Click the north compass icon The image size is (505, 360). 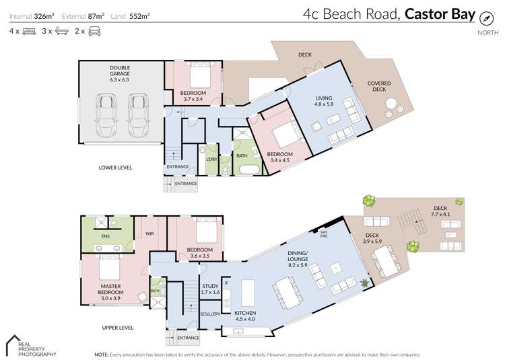tap(483, 17)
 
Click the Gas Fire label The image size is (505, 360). tap(323, 233)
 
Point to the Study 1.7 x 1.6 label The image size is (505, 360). tap(211, 289)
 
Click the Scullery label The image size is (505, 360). tap(210, 314)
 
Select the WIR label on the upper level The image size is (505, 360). tap(149, 235)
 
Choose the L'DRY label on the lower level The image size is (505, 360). tap(211, 159)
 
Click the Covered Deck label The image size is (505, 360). tap(377, 86)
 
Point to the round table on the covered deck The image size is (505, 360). tap(391, 104)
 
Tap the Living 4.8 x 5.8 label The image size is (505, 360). tap(324, 101)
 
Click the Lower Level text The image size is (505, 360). tap(115, 167)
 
